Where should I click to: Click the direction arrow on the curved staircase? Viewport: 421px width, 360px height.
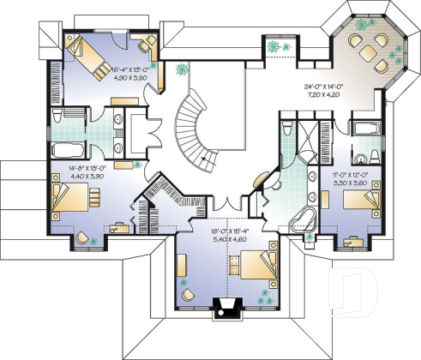click(202, 158)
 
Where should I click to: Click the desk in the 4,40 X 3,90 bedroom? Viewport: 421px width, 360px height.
click(118, 228)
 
